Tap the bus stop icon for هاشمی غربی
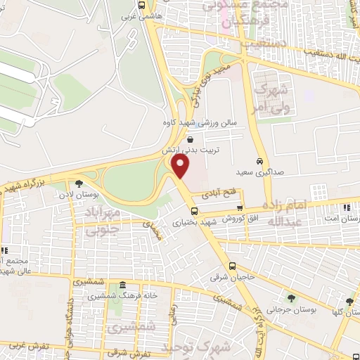pyautogui.click(x=142, y=5)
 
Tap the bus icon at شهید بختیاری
pyautogui.click(x=195, y=210)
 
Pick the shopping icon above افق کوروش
pyautogui.click(x=240, y=208)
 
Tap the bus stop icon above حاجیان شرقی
pyautogui.click(x=232, y=265)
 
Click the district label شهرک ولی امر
pyautogui.click(x=271, y=98)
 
